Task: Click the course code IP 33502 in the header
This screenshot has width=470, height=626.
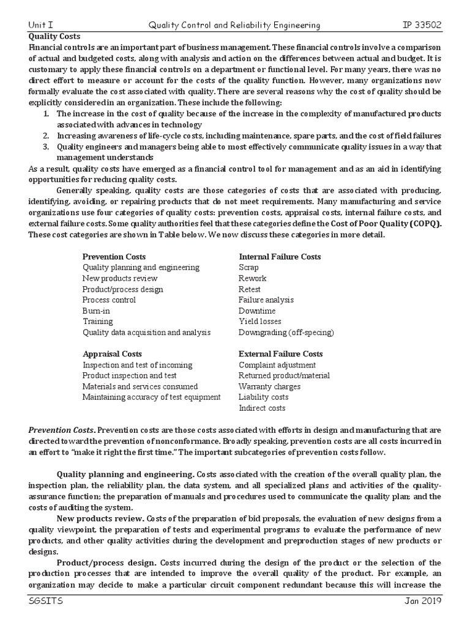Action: (x=421, y=25)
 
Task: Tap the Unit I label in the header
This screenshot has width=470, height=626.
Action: (x=41, y=25)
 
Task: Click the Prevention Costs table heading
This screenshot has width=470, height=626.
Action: (x=114, y=257)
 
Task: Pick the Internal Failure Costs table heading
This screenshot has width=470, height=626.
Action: (x=280, y=257)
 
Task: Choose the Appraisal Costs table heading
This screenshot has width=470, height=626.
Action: (x=112, y=354)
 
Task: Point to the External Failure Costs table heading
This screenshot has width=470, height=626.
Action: (x=281, y=354)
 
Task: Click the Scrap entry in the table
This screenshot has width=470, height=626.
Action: (x=248, y=268)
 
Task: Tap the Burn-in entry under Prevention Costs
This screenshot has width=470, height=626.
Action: (x=96, y=311)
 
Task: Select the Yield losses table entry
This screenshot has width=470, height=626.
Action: (x=260, y=322)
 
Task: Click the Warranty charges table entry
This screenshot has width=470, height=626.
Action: (x=269, y=386)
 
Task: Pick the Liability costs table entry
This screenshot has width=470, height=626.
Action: (x=263, y=397)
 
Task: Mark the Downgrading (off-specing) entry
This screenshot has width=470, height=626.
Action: (x=286, y=333)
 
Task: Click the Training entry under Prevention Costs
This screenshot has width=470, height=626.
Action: (x=98, y=322)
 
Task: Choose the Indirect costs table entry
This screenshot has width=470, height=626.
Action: (x=262, y=408)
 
